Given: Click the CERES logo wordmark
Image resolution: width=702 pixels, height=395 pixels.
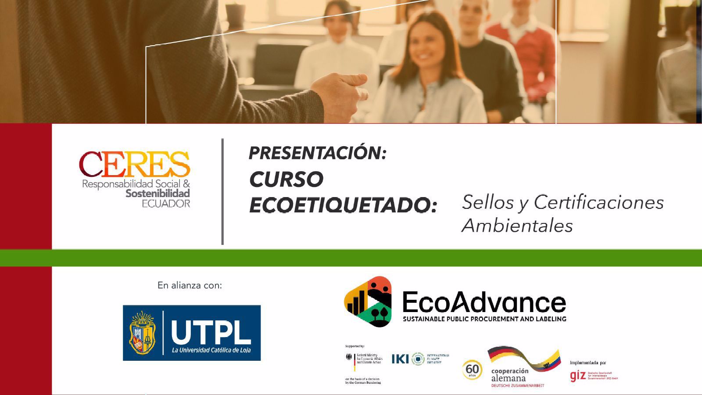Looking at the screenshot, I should (x=134, y=164).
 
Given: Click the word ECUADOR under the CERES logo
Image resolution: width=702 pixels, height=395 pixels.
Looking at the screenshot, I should (x=166, y=203).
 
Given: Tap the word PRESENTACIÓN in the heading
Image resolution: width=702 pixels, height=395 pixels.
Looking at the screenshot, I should (x=317, y=153).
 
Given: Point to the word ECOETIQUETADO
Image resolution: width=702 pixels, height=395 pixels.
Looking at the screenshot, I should (x=343, y=205).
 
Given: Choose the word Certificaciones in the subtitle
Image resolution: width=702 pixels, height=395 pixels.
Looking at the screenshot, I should (x=598, y=202).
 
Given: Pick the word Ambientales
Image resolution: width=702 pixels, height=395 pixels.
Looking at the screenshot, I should (x=517, y=226).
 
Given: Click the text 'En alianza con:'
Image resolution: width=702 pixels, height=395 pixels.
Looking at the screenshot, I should (x=190, y=285).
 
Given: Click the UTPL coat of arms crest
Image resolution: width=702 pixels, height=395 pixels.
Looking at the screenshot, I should (x=142, y=332).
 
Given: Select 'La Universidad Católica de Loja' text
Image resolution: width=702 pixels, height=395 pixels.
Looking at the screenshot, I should (x=211, y=350).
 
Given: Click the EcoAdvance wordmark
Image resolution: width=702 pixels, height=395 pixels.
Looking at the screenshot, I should (x=484, y=302).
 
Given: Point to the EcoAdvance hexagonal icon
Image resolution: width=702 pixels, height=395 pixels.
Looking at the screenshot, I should (x=368, y=301).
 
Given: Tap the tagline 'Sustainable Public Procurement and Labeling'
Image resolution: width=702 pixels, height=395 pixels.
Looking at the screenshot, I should (x=484, y=319).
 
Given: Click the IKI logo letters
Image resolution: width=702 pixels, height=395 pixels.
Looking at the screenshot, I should (x=400, y=359).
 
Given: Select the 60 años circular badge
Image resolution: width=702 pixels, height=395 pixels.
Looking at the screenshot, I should (x=472, y=370).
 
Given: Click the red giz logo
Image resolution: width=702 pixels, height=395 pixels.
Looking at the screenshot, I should (x=577, y=376).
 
